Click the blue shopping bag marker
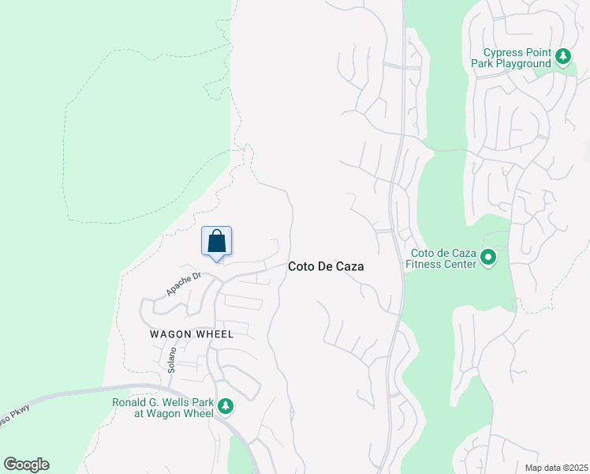tap(217, 242)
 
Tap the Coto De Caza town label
tap(326, 267)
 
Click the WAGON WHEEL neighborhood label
tap(192, 334)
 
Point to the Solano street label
tap(171, 361)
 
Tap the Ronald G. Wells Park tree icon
tap(226, 407)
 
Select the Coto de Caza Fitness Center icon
tap(488, 258)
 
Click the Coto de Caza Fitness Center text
tap(442, 258)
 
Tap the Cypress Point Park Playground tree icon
tap(563, 57)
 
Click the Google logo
tap(26, 465)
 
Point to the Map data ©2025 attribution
tap(557, 468)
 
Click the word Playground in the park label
tap(522, 63)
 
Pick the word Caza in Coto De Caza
tap(349, 267)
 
